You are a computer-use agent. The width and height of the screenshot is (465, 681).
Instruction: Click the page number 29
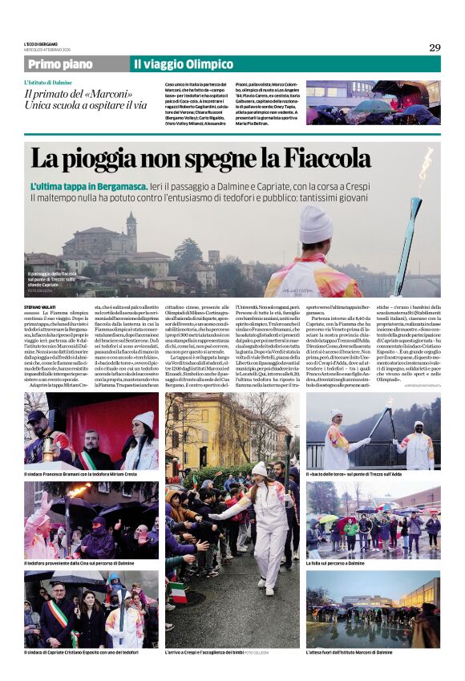coord(434,47)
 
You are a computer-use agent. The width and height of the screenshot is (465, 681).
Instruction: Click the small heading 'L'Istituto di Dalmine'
coord(47,83)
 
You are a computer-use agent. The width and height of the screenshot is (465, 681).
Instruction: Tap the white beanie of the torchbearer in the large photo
coord(315,224)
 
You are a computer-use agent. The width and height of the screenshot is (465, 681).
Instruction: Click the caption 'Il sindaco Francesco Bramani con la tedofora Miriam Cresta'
coord(80,475)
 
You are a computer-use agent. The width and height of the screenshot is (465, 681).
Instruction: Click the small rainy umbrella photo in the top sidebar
coord(373,103)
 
